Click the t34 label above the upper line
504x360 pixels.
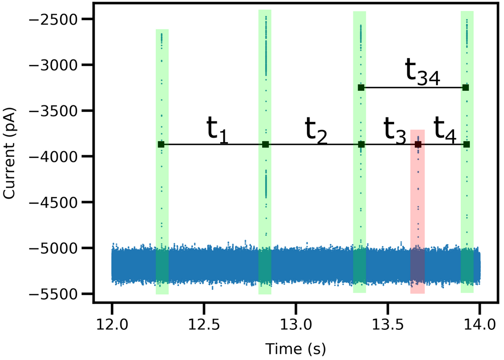point(422,74)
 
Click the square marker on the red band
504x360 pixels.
point(418,145)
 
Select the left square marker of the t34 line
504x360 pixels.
point(361,88)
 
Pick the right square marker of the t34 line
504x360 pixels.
point(466,88)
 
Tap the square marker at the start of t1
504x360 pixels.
point(161,145)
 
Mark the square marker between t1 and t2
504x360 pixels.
point(266,145)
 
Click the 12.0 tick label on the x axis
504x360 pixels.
point(112,322)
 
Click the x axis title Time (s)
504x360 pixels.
point(295,348)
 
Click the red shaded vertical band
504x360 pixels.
point(417,227)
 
